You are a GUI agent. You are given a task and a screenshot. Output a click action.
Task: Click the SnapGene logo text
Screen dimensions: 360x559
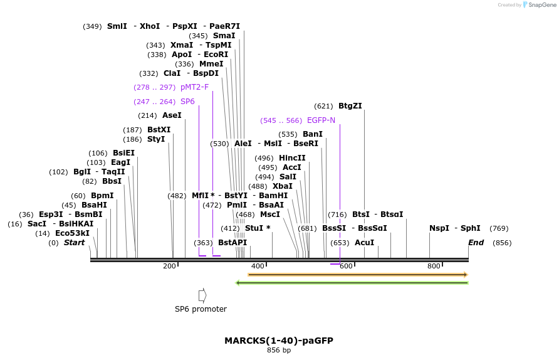click(542, 5)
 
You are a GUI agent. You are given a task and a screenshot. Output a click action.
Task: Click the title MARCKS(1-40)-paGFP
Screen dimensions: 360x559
click(279, 341)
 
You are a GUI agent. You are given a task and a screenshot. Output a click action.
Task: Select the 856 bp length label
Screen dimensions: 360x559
click(279, 350)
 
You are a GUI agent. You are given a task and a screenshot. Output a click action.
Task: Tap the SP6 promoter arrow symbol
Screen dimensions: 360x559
click(202, 295)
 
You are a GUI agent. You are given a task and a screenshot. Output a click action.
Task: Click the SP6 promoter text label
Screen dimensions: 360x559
click(201, 309)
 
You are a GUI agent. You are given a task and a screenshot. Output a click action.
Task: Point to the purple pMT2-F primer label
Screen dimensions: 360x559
click(194, 87)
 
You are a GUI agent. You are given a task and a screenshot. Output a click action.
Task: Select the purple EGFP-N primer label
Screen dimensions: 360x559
click(321, 120)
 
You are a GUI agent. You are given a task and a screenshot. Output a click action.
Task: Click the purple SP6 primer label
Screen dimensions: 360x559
click(187, 102)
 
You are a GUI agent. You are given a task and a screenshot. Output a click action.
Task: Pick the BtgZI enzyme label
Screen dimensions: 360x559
click(350, 106)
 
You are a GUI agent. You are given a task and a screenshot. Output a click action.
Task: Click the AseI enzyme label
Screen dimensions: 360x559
click(172, 115)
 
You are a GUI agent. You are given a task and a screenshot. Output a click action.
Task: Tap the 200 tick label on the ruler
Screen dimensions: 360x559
click(169, 267)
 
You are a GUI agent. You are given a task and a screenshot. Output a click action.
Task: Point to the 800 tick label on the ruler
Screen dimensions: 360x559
click(434, 267)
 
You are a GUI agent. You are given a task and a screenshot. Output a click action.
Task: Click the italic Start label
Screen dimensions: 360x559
click(74, 243)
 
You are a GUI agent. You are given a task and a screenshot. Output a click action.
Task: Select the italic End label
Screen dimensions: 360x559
click(476, 243)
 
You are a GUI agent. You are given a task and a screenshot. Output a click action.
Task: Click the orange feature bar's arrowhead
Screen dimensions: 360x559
click(465, 275)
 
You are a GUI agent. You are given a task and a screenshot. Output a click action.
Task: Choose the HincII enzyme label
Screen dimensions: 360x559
click(292, 158)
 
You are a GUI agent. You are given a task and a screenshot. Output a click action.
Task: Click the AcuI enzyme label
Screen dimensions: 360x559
click(364, 243)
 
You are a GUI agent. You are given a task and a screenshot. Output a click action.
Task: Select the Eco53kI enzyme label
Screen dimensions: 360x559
click(72, 233)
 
